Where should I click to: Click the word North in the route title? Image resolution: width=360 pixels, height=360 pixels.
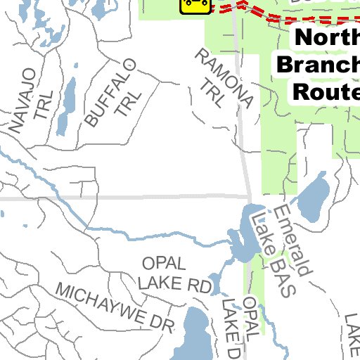326,39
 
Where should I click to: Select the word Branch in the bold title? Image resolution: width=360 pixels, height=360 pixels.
319,65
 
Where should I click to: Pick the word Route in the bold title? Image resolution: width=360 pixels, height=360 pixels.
325,91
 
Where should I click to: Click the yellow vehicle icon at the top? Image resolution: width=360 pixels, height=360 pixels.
195,5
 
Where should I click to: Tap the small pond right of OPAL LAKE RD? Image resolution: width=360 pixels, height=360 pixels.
216,281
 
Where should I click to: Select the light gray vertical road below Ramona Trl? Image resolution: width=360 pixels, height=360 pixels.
244,141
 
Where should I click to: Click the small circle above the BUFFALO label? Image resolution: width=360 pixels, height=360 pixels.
129,61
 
